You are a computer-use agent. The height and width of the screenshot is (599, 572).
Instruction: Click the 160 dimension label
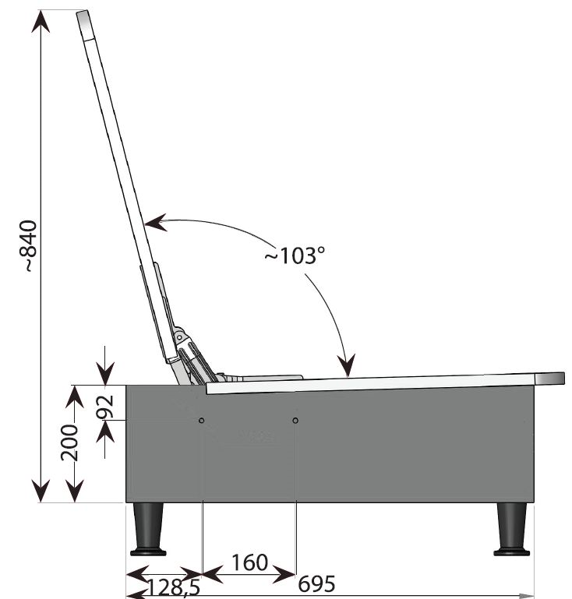[249, 562]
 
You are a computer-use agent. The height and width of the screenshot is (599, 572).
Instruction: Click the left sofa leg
[148, 530]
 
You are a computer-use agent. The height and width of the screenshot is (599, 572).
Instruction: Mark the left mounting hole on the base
[201, 421]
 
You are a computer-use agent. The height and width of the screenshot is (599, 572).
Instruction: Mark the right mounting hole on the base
[295, 421]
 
